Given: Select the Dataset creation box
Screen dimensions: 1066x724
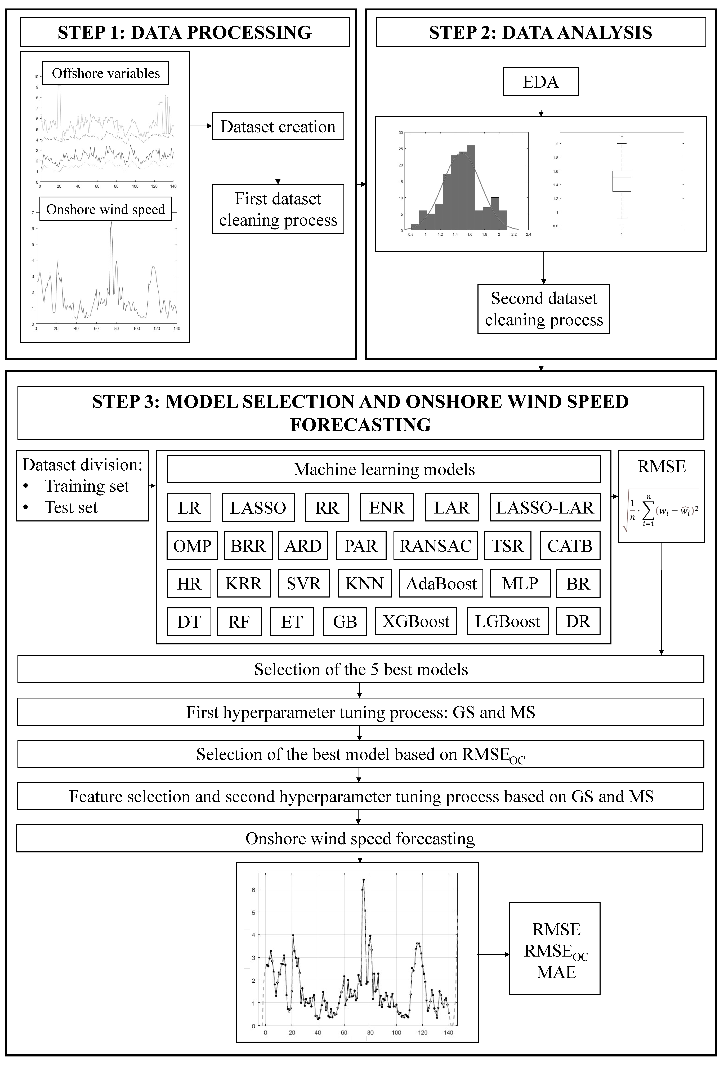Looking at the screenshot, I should tap(278, 126).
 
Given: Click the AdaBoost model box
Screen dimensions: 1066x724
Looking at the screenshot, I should tap(441, 583).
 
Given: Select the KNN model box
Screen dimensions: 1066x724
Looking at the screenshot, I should tap(365, 583).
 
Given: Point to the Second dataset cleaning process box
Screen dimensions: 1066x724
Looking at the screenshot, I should tap(544, 309).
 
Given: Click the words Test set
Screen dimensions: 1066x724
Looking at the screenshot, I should tap(71, 507).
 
